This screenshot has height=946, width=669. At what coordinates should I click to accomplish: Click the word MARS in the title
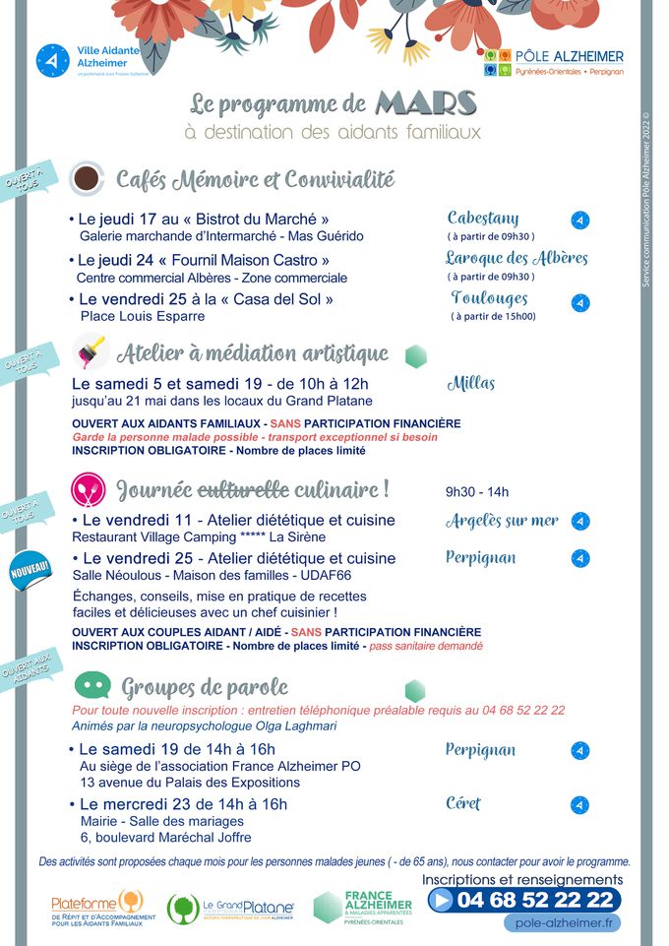(426, 103)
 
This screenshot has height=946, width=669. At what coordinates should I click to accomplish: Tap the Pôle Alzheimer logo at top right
(554, 64)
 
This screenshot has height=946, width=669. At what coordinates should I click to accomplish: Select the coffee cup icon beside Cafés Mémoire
(88, 177)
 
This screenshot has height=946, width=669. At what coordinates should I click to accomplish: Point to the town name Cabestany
(483, 218)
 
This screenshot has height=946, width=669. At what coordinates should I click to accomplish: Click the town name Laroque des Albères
(517, 258)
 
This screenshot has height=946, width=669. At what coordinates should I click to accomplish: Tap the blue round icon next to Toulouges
(580, 302)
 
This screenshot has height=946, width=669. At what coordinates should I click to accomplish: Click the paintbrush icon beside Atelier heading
(91, 351)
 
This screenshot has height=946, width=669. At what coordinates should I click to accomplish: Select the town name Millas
(471, 383)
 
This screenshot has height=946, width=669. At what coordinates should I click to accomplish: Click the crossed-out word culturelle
(244, 488)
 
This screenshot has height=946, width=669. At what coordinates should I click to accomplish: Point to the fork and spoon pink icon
(88, 488)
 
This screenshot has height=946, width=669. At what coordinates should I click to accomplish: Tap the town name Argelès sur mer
(502, 520)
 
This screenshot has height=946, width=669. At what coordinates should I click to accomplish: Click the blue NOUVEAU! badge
(29, 572)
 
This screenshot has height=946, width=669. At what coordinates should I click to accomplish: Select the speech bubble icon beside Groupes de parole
(91, 684)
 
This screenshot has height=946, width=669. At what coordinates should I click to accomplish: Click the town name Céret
(462, 803)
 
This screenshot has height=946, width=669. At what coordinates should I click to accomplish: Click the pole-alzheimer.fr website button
(564, 923)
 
